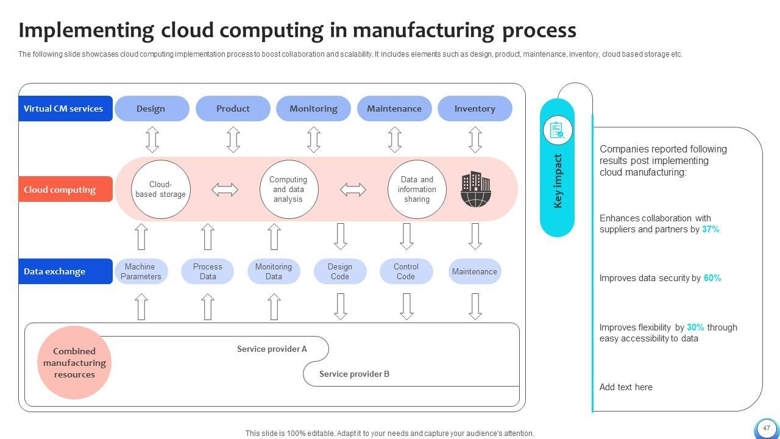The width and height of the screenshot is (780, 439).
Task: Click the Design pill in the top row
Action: click(x=151, y=109)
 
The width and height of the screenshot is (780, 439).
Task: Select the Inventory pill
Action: click(x=475, y=109)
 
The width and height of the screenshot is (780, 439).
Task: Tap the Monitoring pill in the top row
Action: click(x=313, y=109)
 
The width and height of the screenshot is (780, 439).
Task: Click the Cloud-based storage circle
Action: click(x=160, y=189)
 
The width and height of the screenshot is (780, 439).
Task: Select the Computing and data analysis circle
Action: click(x=288, y=189)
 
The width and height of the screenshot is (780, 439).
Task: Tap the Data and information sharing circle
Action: click(x=417, y=189)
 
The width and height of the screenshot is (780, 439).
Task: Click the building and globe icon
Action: click(x=475, y=189)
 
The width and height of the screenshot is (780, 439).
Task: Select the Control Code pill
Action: click(x=406, y=271)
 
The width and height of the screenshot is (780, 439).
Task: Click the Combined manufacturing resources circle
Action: click(x=74, y=363)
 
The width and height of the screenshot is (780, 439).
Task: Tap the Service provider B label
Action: click(x=354, y=374)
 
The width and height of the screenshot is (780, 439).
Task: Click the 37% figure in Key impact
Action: click(x=711, y=229)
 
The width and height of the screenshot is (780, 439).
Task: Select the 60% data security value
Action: click(x=712, y=278)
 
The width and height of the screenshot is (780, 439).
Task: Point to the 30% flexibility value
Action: click(x=695, y=327)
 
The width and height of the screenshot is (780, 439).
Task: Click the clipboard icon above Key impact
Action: click(x=557, y=130)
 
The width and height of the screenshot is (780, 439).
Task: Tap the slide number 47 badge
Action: click(x=766, y=428)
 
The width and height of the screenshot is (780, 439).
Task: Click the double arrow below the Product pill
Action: click(x=233, y=140)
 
